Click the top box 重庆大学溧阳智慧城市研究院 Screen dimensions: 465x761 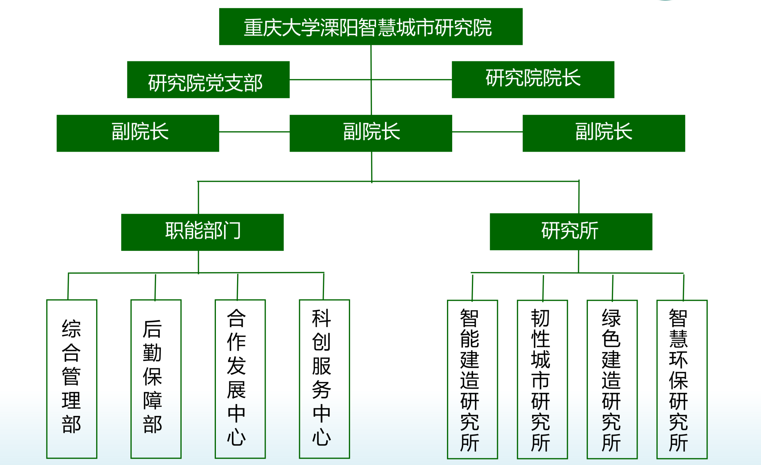point(370,27)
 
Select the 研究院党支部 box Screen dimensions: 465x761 point(208,80)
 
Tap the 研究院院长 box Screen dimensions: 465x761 point(533,80)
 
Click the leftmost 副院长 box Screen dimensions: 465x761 point(137,133)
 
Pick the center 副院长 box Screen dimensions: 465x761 point(371,133)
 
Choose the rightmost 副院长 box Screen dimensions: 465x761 point(603,133)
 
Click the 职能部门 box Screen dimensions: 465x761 point(202,232)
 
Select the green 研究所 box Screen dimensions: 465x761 point(571,232)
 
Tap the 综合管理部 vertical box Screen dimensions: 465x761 point(72,378)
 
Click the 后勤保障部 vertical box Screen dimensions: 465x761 point(156,378)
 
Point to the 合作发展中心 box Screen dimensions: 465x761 point(240,378)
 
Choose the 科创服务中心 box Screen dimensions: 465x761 point(324,378)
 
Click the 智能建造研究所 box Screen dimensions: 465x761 point(472,379)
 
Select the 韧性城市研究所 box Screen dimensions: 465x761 point(542,379)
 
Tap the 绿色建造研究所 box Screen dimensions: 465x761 point(612,379)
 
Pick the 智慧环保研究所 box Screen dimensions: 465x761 point(682,379)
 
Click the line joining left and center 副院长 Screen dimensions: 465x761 point(254,132)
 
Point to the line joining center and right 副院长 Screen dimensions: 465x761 point(487,132)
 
